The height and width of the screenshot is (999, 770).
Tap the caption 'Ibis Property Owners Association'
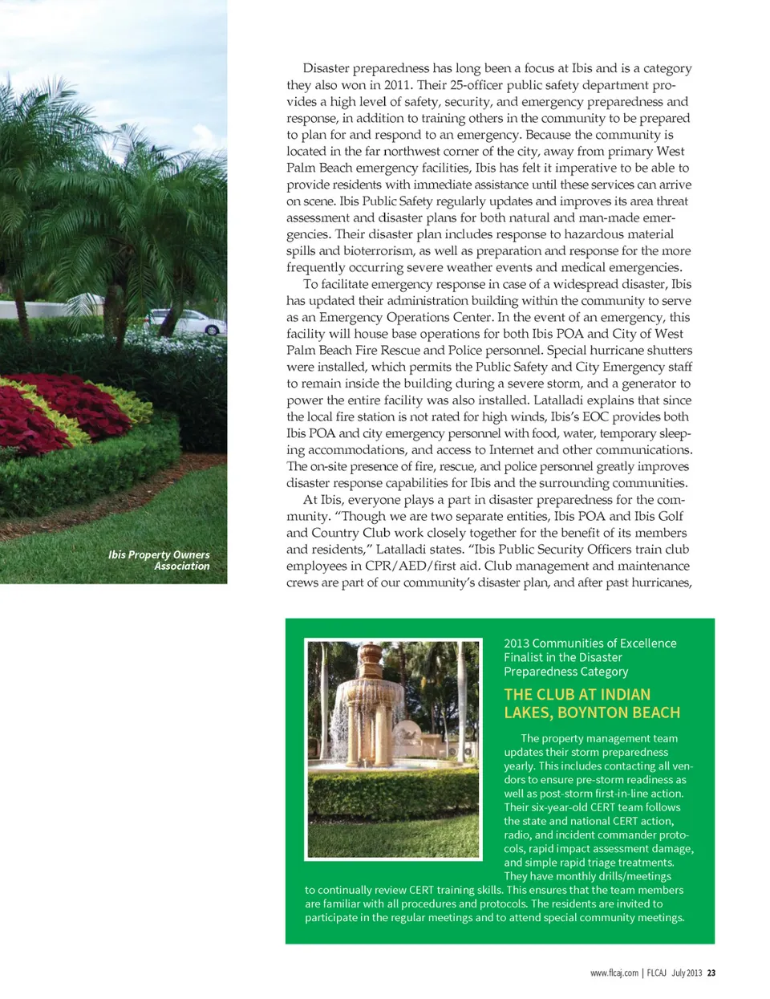coord(159,560)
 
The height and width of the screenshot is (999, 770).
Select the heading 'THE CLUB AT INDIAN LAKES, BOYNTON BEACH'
coord(592,704)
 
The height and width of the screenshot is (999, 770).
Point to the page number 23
coord(711,973)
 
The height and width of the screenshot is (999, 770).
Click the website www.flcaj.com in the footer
coord(614,973)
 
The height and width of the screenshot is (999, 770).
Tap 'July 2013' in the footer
coord(687,973)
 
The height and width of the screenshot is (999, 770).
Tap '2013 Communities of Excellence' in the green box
coord(590,644)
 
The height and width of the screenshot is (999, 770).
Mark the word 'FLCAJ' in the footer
coord(657,973)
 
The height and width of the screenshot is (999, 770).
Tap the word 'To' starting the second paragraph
coord(311,284)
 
